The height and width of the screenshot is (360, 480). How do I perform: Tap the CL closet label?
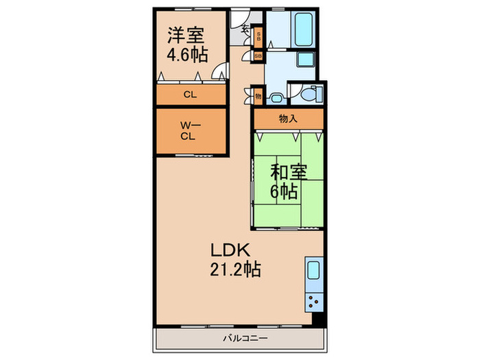click(190, 95)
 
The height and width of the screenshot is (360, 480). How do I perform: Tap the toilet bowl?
click(313, 93)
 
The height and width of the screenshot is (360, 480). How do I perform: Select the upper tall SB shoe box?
click(259, 36)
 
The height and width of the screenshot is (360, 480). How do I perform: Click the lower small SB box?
click(259, 56)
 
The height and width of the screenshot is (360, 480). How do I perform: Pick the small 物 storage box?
click(259, 97)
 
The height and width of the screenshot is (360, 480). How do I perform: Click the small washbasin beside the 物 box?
click(276, 98)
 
